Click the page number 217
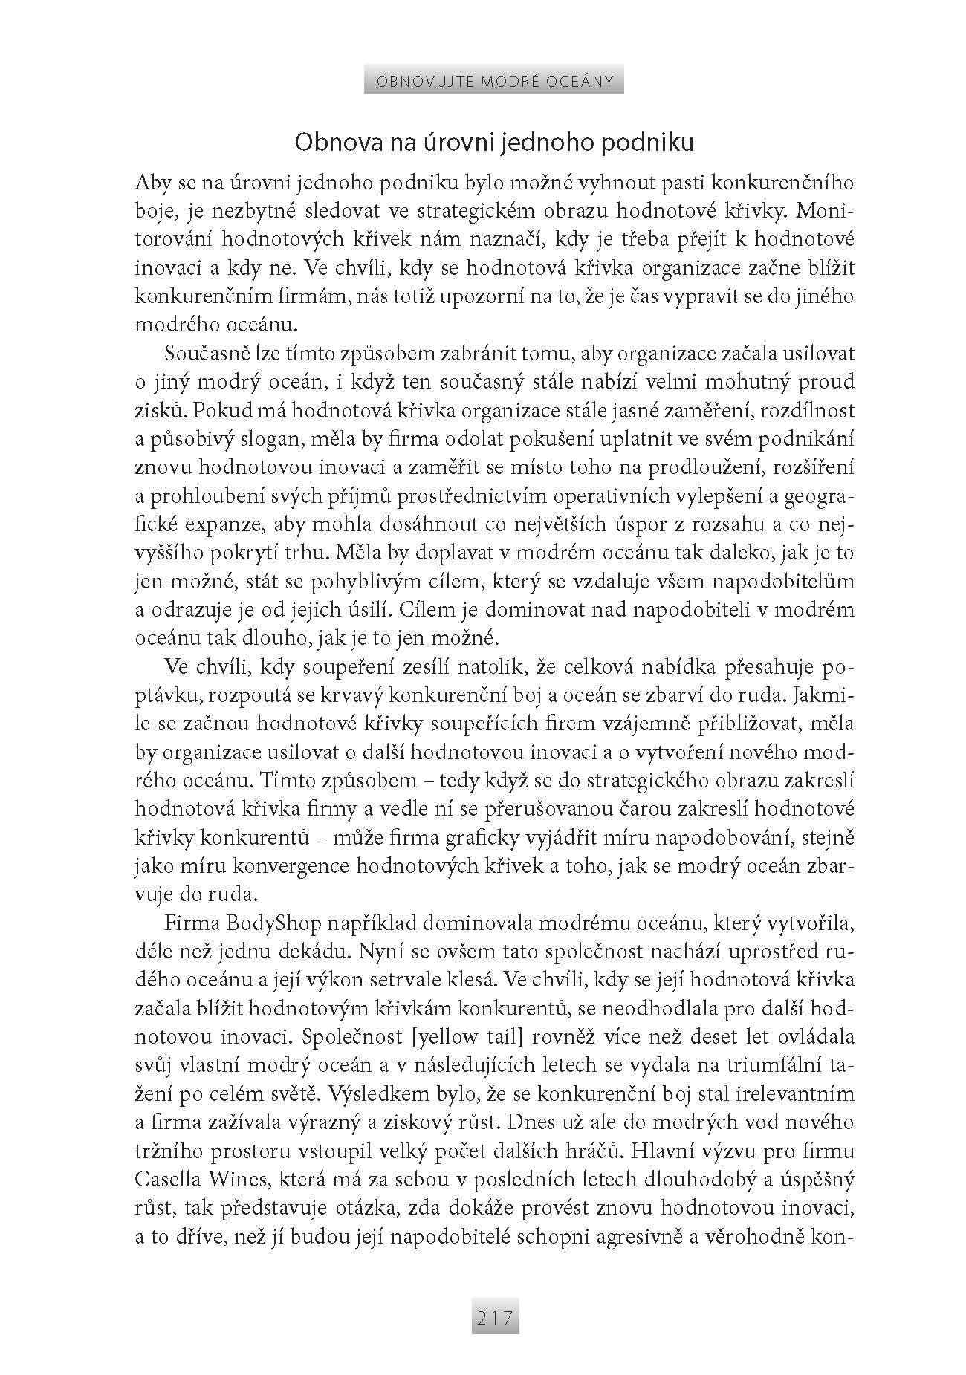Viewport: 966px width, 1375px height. [x=495, y=1319]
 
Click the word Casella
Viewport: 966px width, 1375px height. [x=166, y=1179]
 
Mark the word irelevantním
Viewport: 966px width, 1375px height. [x=792, y=1093]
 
